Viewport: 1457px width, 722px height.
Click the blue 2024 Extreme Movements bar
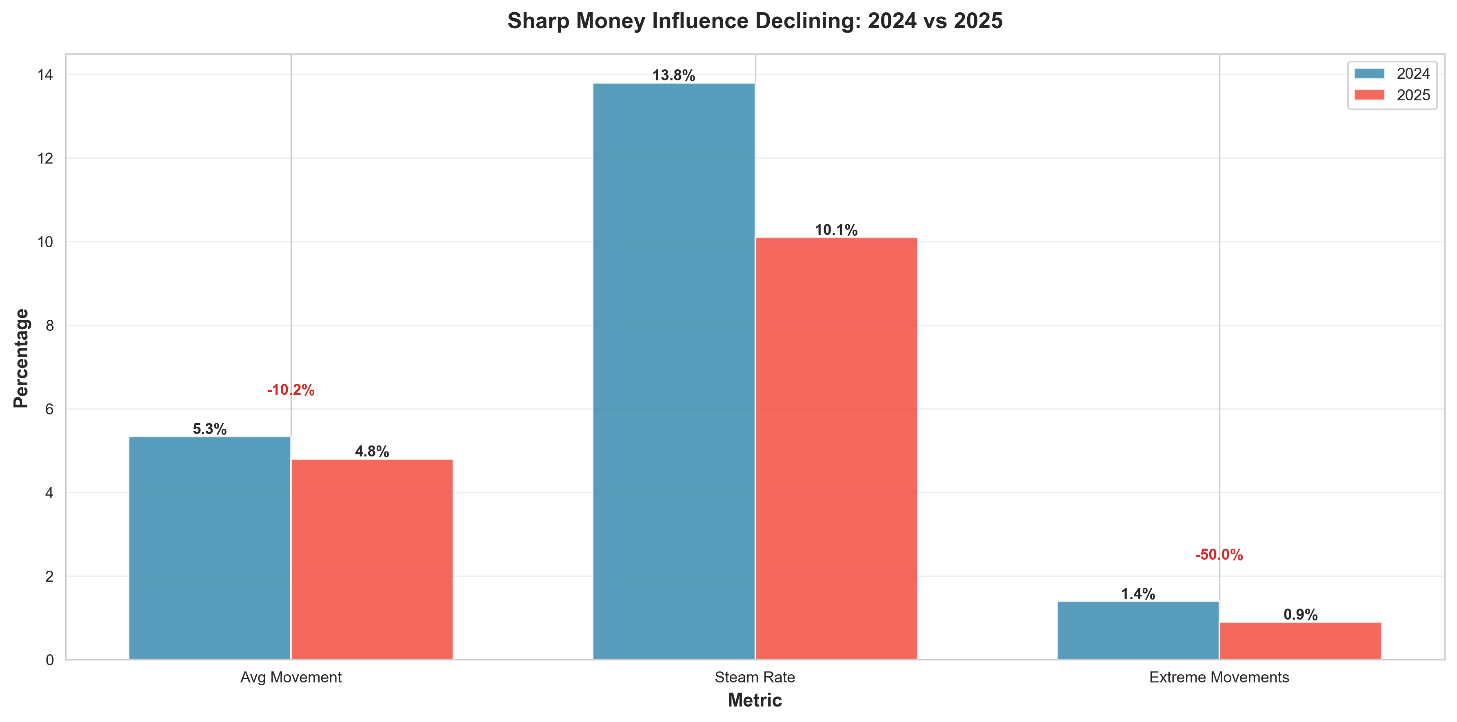(x=1138, y=630)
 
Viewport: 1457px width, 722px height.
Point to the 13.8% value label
(x=674, y=75)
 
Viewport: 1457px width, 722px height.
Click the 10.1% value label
(x=836, y=230)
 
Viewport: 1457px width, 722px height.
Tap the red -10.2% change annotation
(x=291, y=390)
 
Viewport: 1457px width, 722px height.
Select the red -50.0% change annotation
(x=1219, y=555)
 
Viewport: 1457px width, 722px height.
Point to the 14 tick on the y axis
(x=45, y=75)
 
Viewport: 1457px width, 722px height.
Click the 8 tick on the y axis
(x=50, y=326)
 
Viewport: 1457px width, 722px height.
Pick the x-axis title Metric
(x=755, y=700)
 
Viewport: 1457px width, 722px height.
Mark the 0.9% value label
(x=1300, y=615)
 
